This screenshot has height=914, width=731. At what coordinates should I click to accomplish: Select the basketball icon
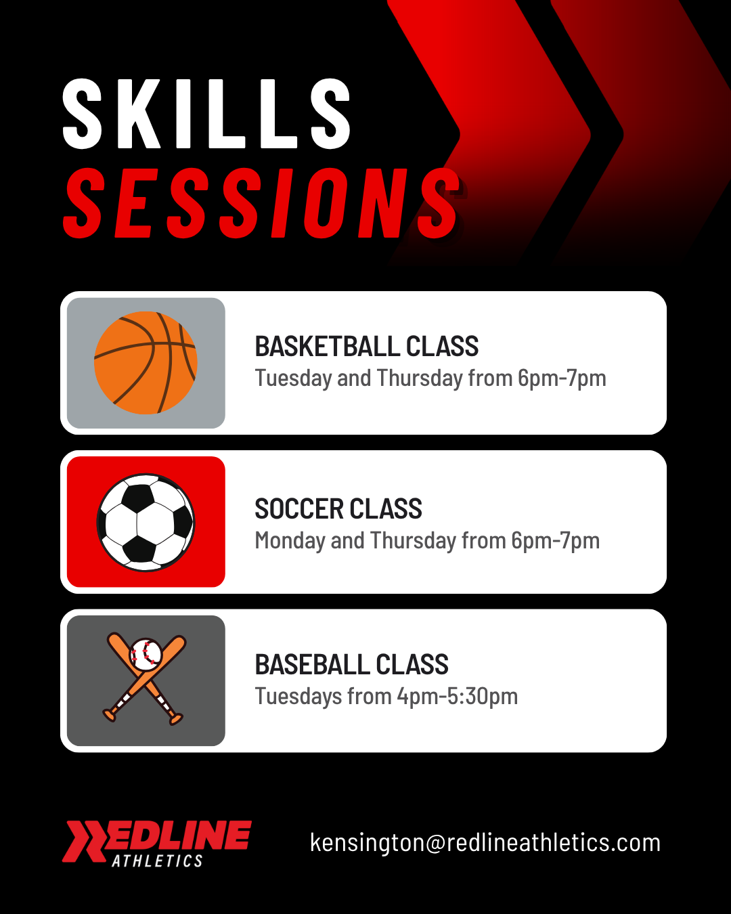tap(146, 363)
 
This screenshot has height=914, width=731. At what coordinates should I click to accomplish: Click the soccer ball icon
tap(146, 522)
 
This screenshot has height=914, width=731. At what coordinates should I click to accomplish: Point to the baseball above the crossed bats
tap(146, 654)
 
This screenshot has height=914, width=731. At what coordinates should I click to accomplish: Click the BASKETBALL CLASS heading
tap(366, 347)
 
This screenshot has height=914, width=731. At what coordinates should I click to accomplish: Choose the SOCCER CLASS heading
tap(338, 509)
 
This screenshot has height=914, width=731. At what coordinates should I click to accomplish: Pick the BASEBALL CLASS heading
tap(351, 665)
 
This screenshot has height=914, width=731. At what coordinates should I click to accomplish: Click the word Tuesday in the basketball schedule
tap(292, 378)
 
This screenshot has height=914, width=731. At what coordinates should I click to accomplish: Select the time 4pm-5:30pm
tap(457, 697)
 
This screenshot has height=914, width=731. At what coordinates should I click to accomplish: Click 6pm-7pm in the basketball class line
tap(561, 378)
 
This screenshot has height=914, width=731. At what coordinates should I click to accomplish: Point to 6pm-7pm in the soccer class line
tap(555, 541)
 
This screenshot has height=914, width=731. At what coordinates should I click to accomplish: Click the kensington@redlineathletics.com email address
tap(485, 843)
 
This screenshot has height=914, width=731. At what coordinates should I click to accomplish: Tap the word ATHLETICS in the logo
tap(157, 861)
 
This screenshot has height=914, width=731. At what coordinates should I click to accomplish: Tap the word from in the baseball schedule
tap(369, 697)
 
